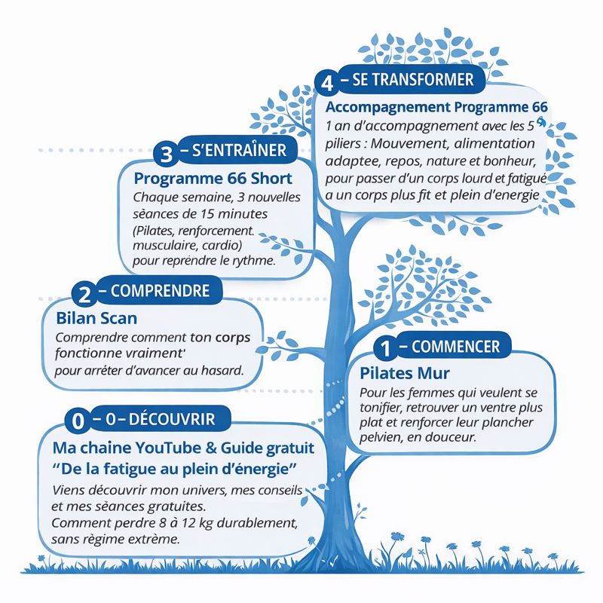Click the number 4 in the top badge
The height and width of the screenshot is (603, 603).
coord(326,81)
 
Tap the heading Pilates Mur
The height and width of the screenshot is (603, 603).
coord(405,373)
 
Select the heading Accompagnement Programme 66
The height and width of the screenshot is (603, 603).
coord(436,107)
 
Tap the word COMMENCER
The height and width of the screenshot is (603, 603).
coord(457,347)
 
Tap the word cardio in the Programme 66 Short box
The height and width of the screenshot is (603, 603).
coord(219,246)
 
